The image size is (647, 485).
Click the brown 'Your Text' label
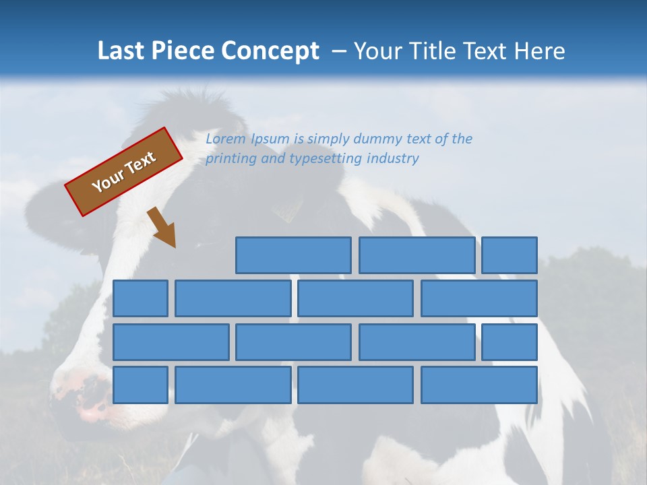coord(123,172)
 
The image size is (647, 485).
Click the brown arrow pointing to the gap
coord(162,227)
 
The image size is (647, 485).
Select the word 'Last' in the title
coord(121,51)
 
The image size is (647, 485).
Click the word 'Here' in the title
coord(539,51)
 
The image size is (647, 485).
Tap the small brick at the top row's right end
coord(510,255)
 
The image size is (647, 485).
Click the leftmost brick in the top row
coord(293,255)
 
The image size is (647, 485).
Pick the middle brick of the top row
coord(417,255)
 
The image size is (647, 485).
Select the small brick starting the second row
coord(140,298)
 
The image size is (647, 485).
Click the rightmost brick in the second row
coord(479,298)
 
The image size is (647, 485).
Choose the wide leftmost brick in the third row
coord(171,342)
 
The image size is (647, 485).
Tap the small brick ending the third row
coord(510,342)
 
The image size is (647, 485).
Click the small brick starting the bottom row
coord(140,385)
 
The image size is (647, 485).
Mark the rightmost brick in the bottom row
coord(479,385)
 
